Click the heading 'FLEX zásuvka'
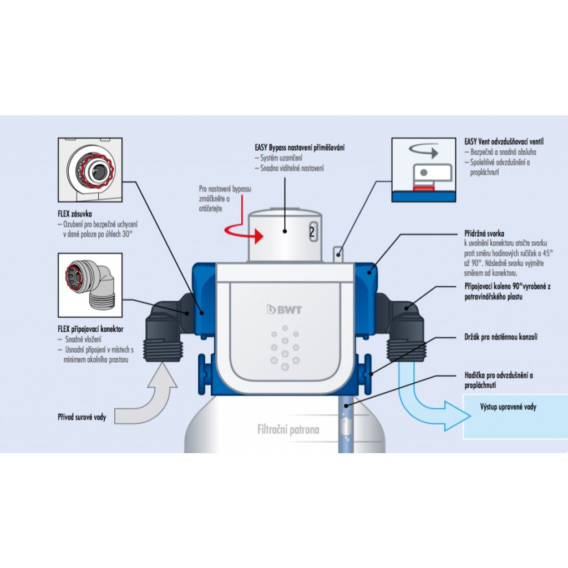[75, 213]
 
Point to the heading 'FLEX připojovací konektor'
[90, 329]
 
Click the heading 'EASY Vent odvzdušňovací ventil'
[508, 141]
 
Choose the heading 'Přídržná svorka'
[484, 234]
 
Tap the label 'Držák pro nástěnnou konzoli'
[500, 337]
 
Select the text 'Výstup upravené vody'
[508, 407]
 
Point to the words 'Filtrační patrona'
[288, 429]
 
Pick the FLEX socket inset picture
[90, 170]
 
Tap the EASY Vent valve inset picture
[424, 169]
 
